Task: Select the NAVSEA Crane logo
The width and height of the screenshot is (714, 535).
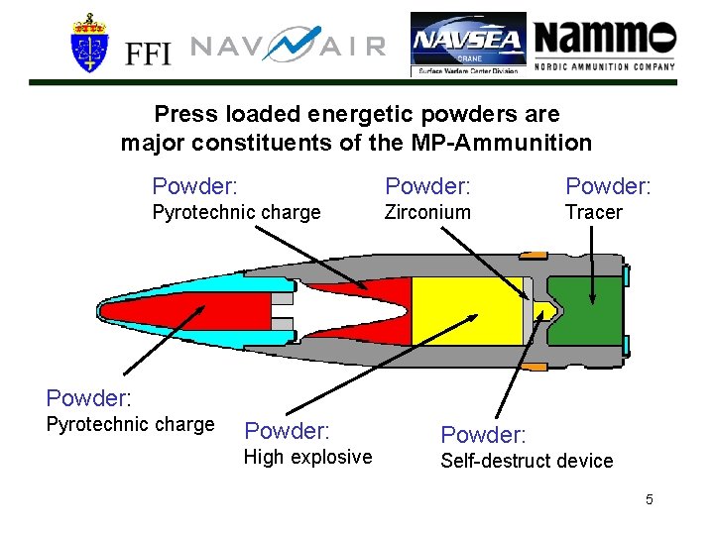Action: pos(469,45)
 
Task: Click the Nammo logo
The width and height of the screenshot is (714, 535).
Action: pos(605,44)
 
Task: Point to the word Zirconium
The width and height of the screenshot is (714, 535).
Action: pos(427,212)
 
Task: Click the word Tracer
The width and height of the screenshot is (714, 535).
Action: pos(593,212)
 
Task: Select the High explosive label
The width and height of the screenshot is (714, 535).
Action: pos(308,457)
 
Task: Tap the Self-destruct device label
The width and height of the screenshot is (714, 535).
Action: pos(527,461)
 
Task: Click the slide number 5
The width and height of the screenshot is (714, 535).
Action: pos(649,499)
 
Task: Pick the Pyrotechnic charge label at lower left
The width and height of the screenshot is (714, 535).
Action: pos(131,425)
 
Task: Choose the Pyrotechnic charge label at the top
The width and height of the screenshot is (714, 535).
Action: pos(236,212)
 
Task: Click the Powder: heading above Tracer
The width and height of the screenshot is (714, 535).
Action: pos(608,185)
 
